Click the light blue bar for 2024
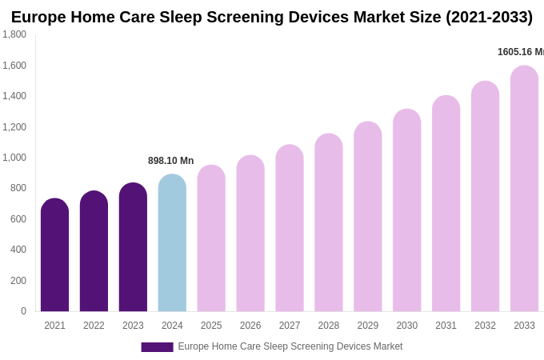[x=172, y=244]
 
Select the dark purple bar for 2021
[x=54, y=256]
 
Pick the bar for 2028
[x=328, y=223]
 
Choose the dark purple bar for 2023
[x=133, y=248]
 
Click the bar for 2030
[x=406, y=211]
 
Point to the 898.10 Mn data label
[x=170, y=161]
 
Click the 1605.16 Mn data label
[x=520, y=52]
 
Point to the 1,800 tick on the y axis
[x=14, y=34]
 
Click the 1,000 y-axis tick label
[x=14, y=158]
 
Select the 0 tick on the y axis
[x=23, y=311]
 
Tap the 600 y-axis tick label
[x=18, y=219]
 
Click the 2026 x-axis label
[x=250, y=326]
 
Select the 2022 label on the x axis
[x=94, y=326]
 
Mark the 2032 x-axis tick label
[x=485, y=326]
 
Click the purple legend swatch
[x=157, y=347]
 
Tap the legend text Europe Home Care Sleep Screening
[x=256, y=346]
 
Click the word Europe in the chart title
[x=40, y=17]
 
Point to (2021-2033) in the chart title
[x=489, y=17]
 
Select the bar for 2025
[x=211, y=239]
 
